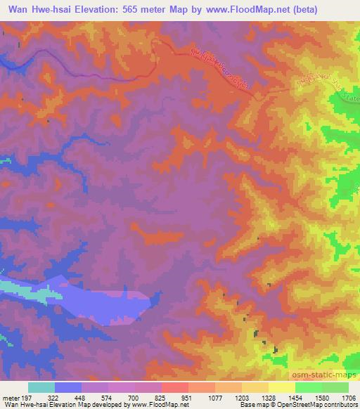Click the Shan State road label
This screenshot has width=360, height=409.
[x=330, y=89]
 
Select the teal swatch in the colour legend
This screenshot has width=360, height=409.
[x=41, y=387]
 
